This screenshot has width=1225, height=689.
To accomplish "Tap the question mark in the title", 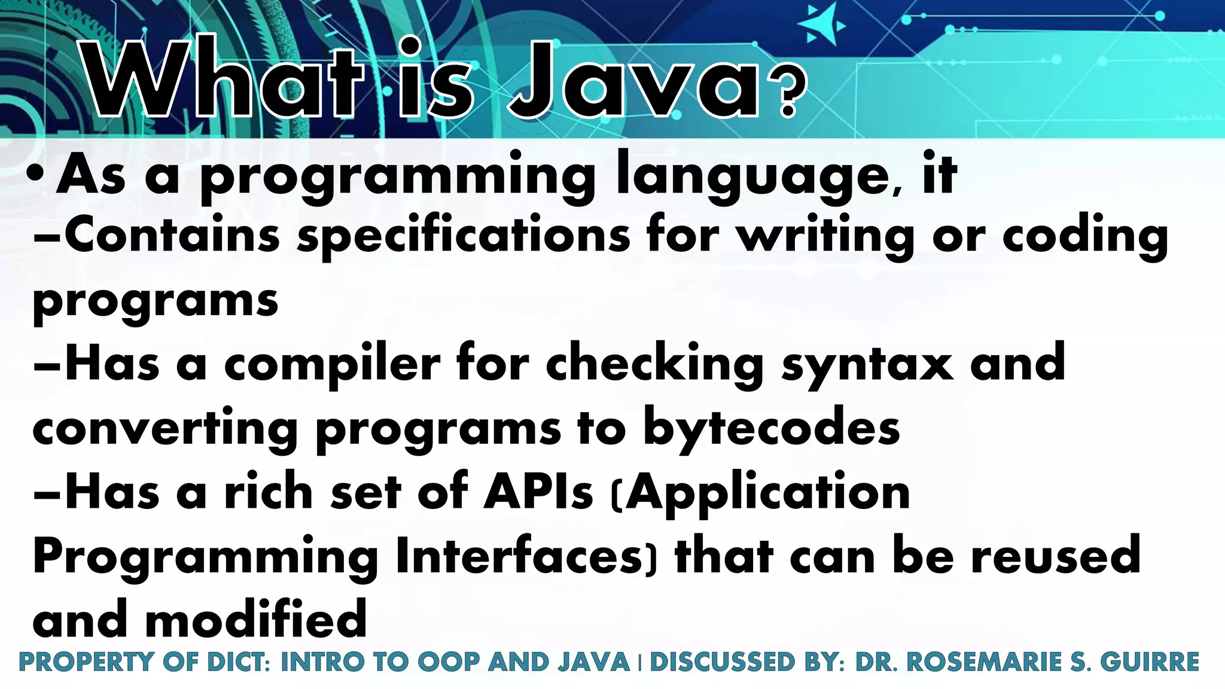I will (788, 96).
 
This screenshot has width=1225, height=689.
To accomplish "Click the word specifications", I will (464, 235).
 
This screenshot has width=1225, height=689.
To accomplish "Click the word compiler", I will (332, 365).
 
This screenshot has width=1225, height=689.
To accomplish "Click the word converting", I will (165, 429).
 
